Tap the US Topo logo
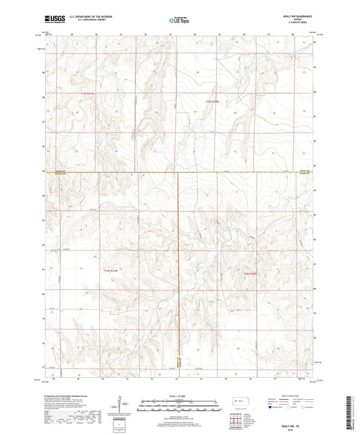179,21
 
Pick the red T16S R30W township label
251,274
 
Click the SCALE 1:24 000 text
179,396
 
